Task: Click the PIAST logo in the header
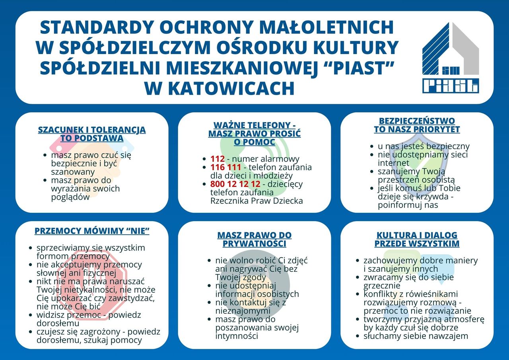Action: click(450, 58)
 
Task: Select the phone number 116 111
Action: click(226, 167)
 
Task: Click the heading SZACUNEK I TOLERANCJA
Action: click(92, 130)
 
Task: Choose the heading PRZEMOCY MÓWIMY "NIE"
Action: click(92, 231)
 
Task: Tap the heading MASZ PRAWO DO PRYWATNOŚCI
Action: click(254, 239)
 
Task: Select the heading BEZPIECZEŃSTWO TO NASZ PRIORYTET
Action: click(417, 125)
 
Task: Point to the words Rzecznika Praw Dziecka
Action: click(256, 201)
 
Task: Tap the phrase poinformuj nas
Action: click(408, 205)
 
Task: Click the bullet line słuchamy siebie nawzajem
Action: click(416, 336)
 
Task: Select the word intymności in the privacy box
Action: click(237, 336)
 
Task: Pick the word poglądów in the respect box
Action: click(70, 197)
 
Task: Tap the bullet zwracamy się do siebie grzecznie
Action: click(408, 281)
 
